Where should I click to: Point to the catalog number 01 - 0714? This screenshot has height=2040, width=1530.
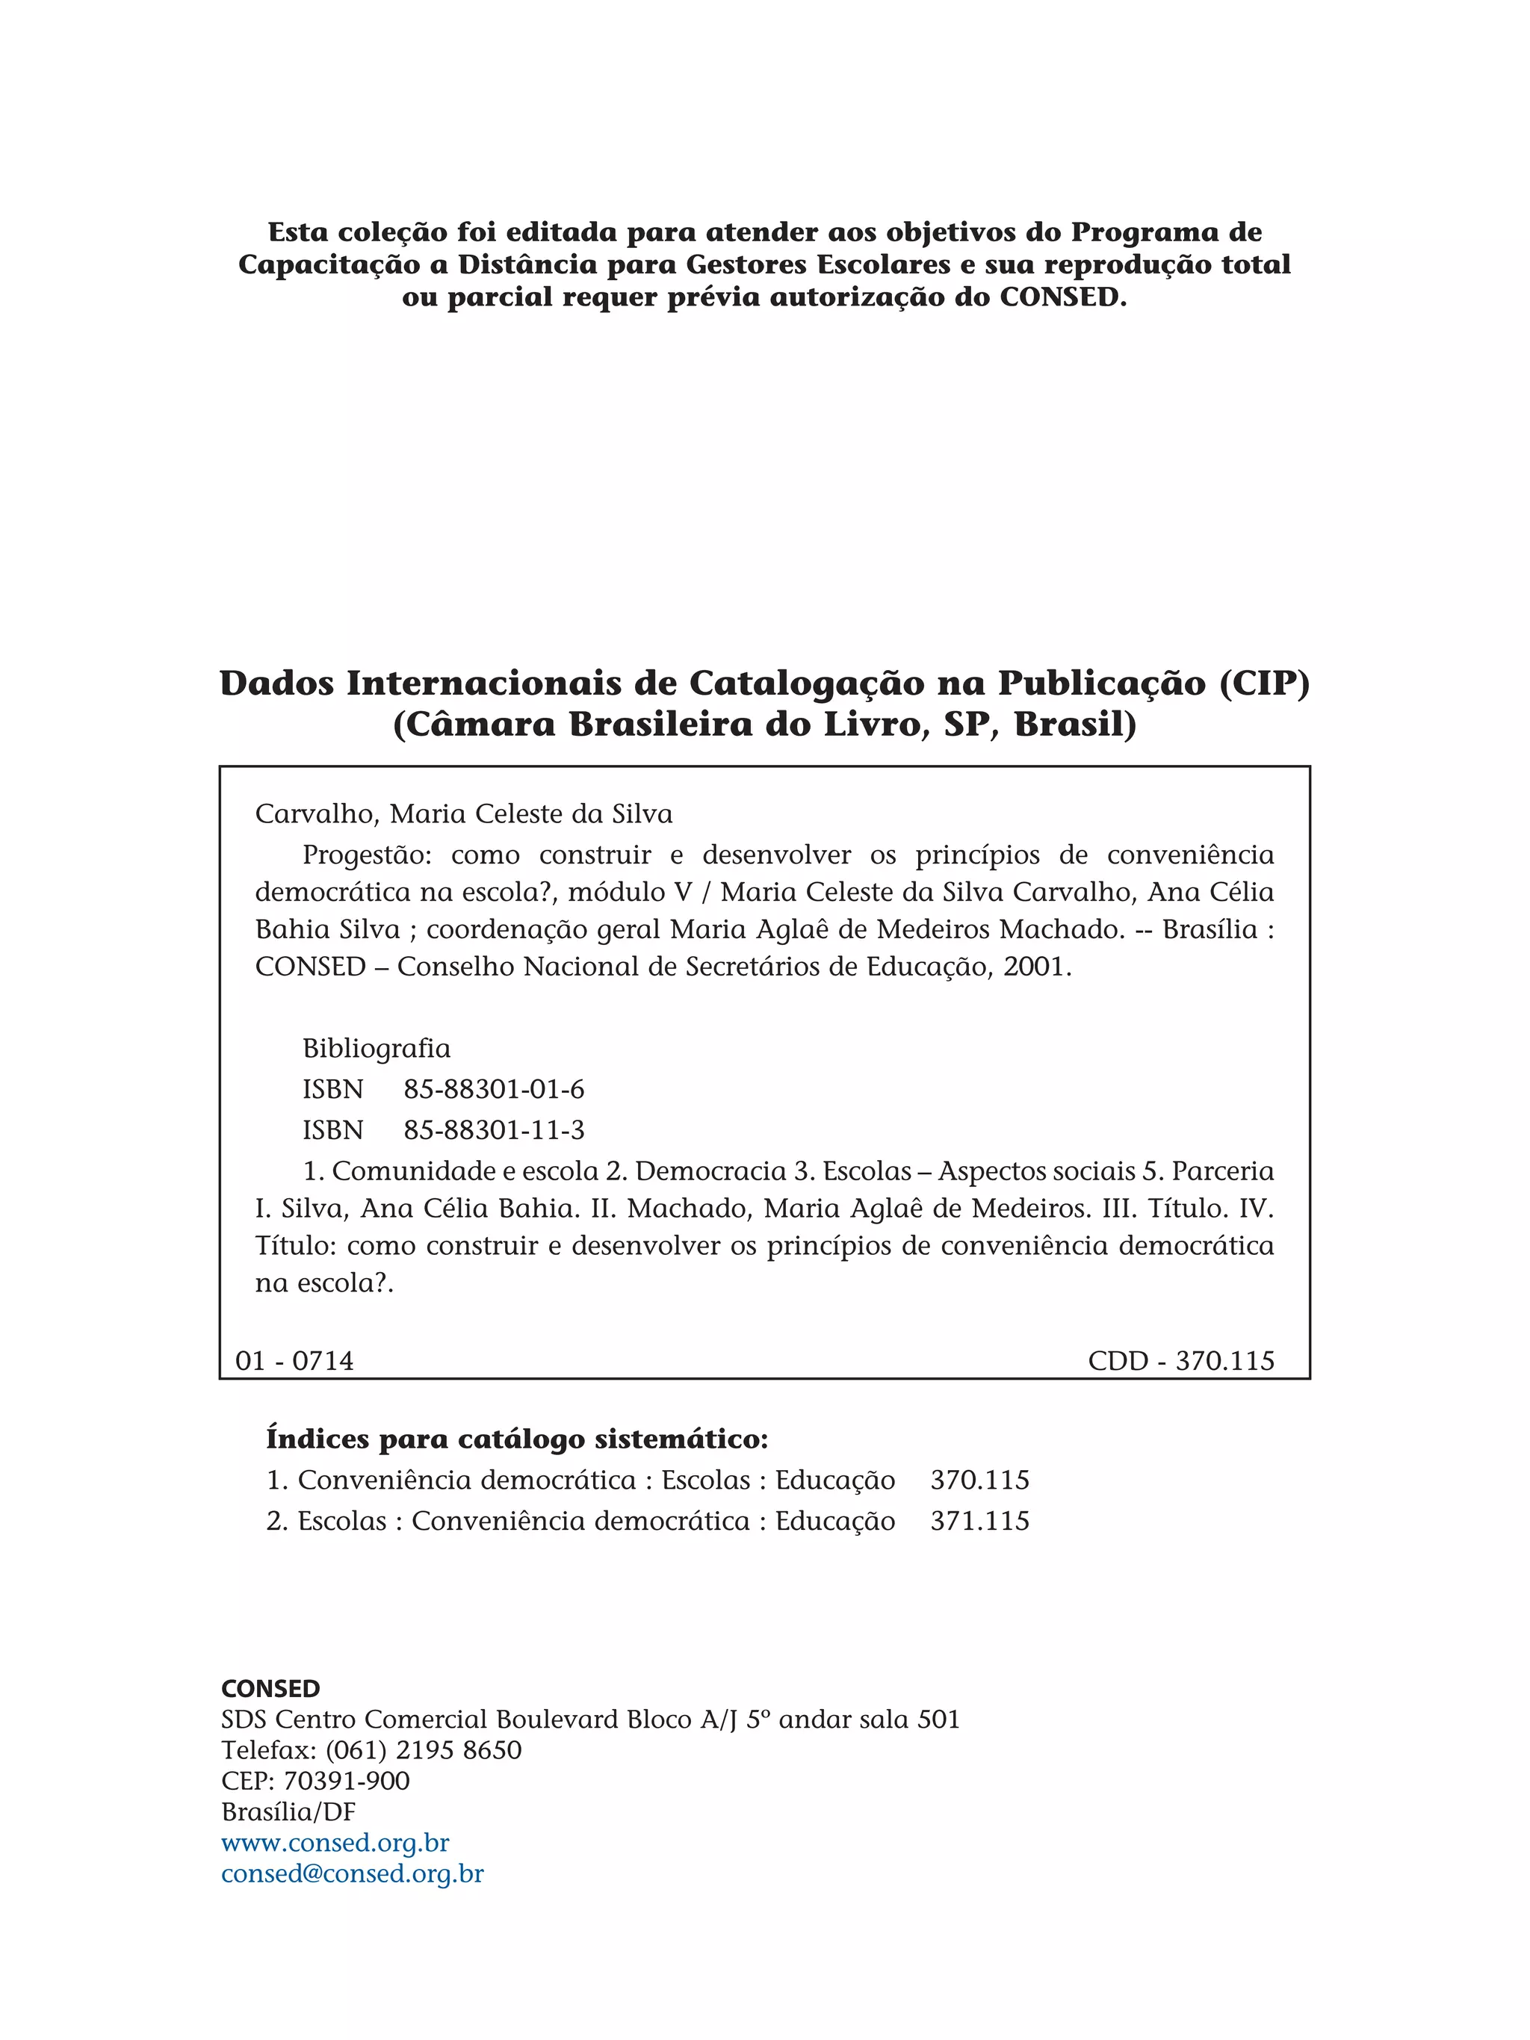pos(294,1360)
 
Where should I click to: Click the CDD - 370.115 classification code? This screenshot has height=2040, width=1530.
pos(1180,1360)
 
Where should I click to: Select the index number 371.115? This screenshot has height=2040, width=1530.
pos(979,1521)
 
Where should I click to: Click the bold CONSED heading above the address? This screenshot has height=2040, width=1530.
pos(270,1689)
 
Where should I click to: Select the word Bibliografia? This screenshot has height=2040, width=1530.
pos(377,1049)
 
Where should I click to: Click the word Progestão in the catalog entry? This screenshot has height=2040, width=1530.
pos(366,856)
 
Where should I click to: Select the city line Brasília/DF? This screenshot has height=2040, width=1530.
pos(288,1812)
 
